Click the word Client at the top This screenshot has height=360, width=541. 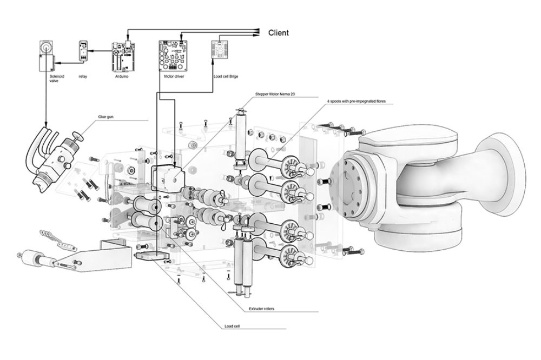click(279, 32)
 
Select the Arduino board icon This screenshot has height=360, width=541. click(122, 57)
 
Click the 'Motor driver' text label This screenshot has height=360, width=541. click(174, 77)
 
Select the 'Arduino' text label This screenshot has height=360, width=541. click(122, 77)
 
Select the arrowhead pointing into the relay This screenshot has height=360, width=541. click(91, 51)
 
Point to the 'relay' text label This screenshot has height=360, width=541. click(83, 77)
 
